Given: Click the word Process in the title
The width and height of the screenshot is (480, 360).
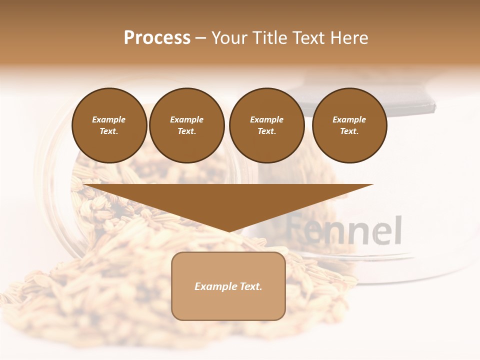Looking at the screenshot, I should point(157,38).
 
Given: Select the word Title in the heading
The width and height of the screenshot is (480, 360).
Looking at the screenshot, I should point(270,38).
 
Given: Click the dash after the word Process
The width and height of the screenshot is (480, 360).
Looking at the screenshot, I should point(201,39).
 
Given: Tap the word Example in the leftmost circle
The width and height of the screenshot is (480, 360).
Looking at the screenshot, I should point(109,119).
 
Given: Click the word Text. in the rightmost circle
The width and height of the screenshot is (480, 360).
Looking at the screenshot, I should point(349,131).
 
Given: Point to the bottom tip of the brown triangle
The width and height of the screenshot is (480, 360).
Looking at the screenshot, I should point(229,231).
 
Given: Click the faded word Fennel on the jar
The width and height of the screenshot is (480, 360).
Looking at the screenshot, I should point(345,230).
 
